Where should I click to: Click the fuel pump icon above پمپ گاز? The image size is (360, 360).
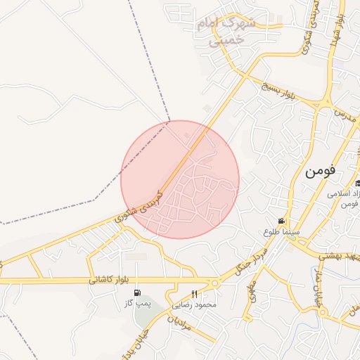pyautogui.click(x=136, y=293)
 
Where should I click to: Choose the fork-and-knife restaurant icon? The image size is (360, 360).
pyautogui.click(x=195, y=294)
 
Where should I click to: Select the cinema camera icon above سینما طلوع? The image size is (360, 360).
pyautogui.click(x=281, y=221)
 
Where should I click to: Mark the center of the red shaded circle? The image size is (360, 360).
pyautogui.click(x=180, y=179)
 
